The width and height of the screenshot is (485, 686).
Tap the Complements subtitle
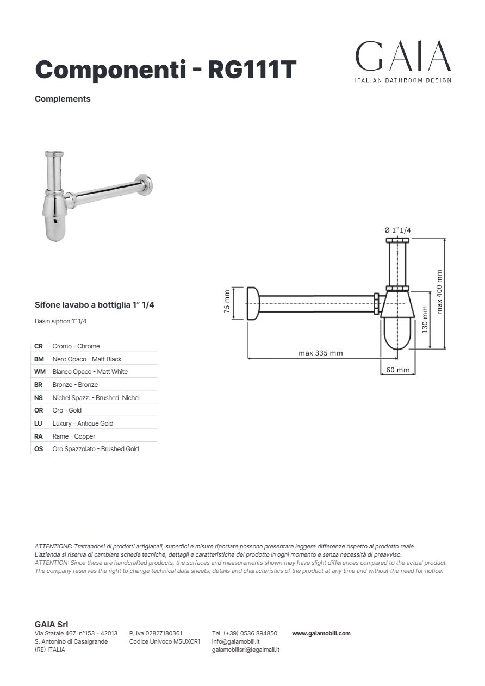point(63,99)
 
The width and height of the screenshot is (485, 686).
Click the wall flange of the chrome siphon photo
point(145,184)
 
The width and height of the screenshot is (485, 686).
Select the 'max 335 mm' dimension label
point(320,353)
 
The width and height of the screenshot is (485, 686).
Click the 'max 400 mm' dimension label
point(439,291)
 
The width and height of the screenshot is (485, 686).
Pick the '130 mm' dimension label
point(425,320)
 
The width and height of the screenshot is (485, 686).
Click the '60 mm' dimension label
point(397,370)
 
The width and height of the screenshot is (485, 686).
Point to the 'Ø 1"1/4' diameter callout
point(397,230)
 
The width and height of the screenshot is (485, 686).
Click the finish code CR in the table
point(39,346)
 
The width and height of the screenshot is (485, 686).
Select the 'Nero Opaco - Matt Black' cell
point(87,359)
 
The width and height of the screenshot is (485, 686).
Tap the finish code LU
point(39,423)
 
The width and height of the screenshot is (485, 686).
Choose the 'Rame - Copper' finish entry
point(74,436)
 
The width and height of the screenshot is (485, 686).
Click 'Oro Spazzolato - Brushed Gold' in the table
point(96,449)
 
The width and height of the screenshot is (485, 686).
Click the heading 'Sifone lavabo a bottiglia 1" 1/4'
point(95,305)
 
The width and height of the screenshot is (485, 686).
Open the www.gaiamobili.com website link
point(321,633)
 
